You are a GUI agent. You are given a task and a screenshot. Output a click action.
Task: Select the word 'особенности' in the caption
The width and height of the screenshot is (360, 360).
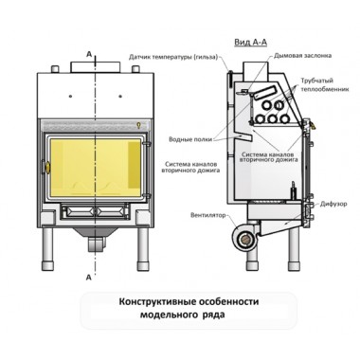[232, 302]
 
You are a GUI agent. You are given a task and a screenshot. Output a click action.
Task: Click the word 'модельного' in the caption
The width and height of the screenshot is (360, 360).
[171, 317]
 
